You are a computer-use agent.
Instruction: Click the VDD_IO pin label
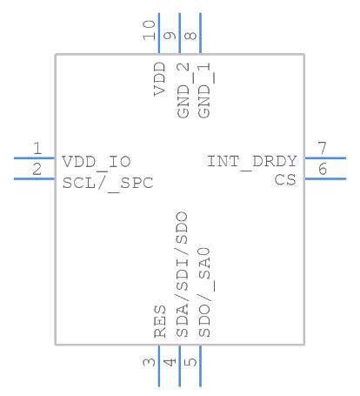click(x=97, y=162)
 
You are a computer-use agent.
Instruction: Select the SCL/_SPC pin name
click(x=108, y=184)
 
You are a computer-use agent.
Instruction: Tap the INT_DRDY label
click(x=252, y=162)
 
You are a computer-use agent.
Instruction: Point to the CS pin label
click(x=285, y=180)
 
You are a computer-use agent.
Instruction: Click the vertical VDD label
click(x=160, y=79)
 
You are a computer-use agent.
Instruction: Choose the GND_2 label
click(x=183, y=91)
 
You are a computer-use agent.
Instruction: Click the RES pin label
click(x=160, y=321)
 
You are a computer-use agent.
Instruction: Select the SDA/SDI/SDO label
click(x=183, y=274)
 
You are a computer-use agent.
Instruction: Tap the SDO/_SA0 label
click(x=206, y=292)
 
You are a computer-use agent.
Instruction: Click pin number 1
click(x=37, y=149)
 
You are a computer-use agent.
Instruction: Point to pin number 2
click(x=37, y=170)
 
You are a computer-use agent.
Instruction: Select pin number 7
click(x=323, y=148)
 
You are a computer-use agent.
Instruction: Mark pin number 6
click(x=323, y=169)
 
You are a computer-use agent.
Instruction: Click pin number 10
click(x=149, y=30)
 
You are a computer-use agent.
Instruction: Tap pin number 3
click(x=150, y=362)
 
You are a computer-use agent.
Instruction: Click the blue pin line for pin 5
click(x=200, y=366)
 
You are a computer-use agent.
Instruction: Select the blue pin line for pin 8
click(x=201, y=33)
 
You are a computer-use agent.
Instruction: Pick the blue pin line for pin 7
click(x=325, y=158)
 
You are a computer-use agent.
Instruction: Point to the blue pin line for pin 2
click(x=34, y=179)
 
